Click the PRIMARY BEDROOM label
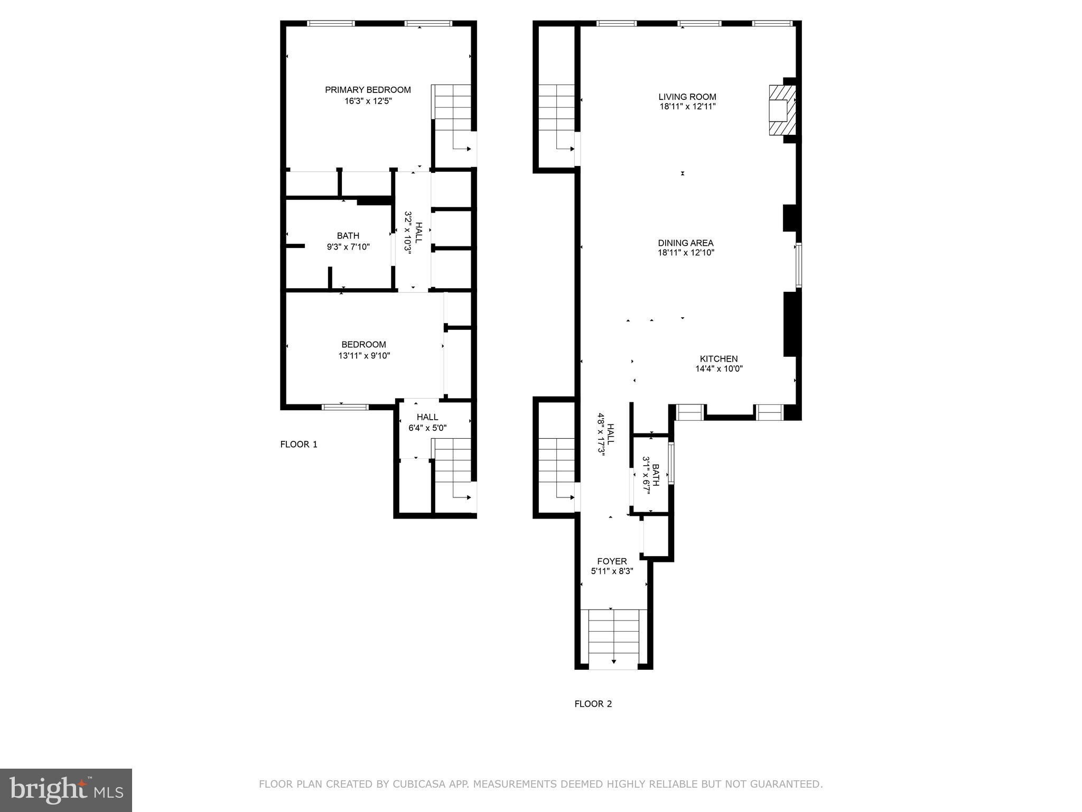[368, 90]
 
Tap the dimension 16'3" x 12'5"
[368, 101]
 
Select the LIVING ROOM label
[687, 97]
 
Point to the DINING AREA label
[685, 243]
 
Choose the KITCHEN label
[719, 359]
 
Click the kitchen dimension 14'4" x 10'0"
[719, 369]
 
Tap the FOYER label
[612, 561]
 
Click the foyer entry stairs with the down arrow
[613, 637]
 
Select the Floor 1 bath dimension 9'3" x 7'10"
[348, 247]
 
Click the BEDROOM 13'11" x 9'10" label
[363, 350]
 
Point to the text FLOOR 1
[299, 445]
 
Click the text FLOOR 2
[593, 704]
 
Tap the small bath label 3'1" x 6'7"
[650, 478]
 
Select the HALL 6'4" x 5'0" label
[427, 422]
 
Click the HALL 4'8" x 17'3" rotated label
[605, 434]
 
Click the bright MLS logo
[66, 790]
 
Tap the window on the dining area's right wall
[798, 265]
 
